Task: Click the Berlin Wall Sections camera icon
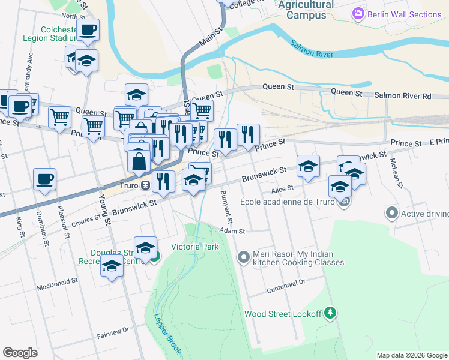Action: point(358,13)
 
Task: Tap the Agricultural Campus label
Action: point(306,10)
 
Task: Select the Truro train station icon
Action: point(145,185)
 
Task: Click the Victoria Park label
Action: point(194,247)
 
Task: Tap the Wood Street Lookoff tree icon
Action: point(330,313)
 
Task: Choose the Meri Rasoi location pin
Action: point(243,257)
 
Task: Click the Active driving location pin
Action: point(392,212)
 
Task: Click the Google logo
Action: point(20,352)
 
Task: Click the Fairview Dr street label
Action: point(113,329)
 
